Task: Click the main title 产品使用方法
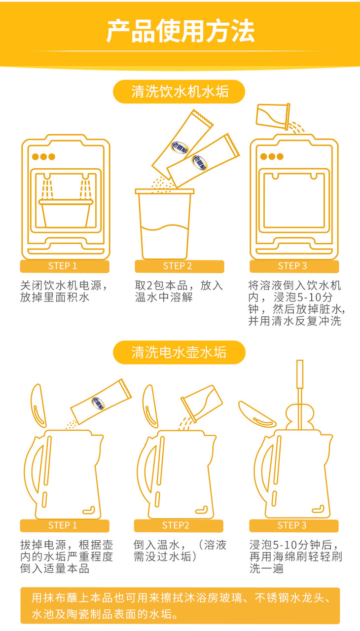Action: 180,31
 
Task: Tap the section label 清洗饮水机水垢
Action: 179,92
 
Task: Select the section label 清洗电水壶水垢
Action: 179,352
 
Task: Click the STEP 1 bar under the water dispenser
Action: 65,266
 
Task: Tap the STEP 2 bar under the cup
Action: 180,266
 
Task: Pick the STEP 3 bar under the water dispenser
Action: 294,266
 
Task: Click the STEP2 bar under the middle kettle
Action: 179,525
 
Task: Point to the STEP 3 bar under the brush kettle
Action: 294,525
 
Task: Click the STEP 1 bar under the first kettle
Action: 65,525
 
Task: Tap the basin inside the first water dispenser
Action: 66,213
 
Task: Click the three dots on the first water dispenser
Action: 43,156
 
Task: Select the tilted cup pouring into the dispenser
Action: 273,116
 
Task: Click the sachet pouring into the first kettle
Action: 101,402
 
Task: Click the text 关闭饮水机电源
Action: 61,286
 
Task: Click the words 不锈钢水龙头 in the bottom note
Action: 289,598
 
